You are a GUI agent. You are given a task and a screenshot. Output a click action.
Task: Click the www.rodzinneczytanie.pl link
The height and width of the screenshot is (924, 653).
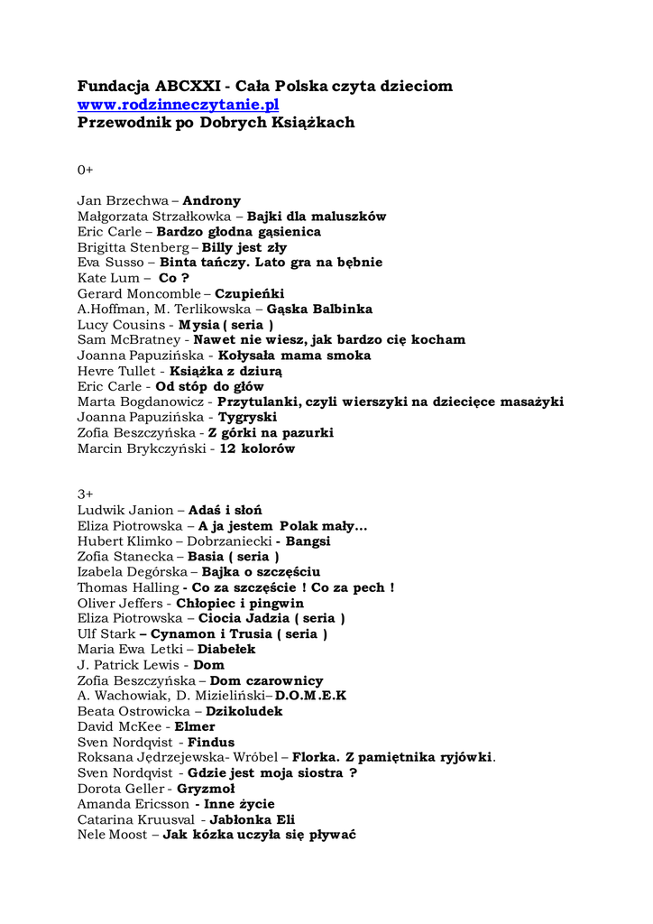(178, 105)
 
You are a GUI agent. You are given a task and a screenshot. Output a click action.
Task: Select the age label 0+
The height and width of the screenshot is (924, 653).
(85, 170)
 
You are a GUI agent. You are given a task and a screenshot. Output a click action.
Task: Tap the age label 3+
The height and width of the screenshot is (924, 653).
(85, 494)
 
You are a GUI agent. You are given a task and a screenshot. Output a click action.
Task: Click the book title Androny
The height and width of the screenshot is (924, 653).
(212, 201)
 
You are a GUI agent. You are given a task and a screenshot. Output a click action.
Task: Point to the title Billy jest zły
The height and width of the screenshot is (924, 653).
(244, 247)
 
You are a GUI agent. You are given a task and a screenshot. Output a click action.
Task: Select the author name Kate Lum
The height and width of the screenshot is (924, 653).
(108, 278)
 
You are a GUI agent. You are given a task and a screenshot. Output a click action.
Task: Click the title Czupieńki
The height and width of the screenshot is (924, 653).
(249, 293)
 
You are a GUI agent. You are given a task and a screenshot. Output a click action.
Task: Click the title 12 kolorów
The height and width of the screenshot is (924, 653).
(257, 448)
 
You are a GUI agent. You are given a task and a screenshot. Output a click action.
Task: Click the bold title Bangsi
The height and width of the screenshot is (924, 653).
(308, 541)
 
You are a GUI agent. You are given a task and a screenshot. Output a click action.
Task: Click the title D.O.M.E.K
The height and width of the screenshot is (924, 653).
(310, 697)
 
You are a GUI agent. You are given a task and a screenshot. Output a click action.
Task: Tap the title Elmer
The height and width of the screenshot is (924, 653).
(194, 727)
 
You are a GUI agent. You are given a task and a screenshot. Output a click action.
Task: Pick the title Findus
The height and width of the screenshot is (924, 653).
(210, 743)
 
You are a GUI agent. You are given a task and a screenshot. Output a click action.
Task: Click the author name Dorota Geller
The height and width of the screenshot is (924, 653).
(121, 790)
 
